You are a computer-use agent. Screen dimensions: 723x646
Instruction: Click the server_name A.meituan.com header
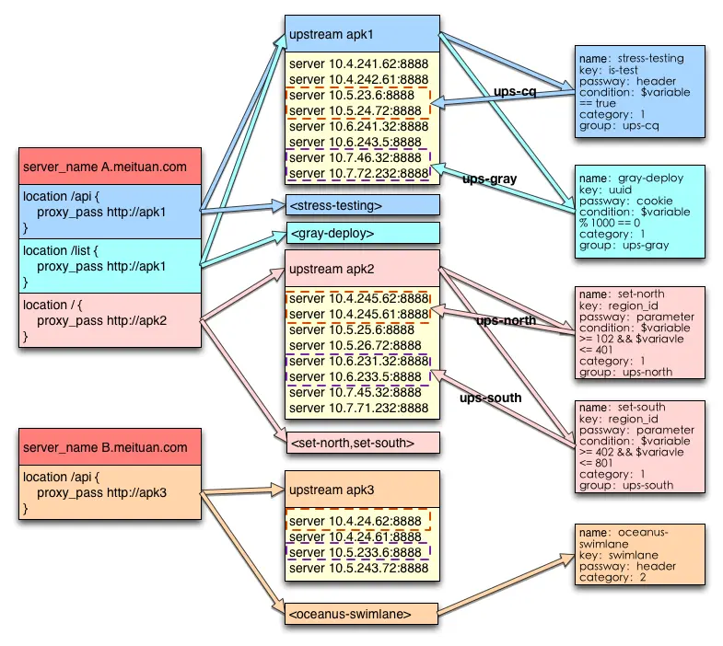(110, 167)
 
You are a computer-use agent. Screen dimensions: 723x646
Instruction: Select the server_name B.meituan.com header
(110, 447)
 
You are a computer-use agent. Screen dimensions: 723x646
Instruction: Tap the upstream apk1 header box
(362, 34)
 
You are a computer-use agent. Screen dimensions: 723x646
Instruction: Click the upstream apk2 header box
(362, 268)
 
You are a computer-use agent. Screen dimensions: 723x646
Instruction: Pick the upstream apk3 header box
(362, 490)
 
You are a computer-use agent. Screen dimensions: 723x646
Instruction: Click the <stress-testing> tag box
(363, 205)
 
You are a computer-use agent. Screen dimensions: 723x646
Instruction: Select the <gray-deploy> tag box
(363, 233)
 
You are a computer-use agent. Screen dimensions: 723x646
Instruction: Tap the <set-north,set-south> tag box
(363, 443)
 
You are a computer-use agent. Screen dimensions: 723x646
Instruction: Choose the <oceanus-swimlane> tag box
(361, 614)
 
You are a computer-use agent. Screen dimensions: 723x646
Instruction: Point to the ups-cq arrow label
(515, 91)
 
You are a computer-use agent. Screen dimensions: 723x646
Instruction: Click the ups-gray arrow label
(489, 179)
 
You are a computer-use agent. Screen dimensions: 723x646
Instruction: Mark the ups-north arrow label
(506, 320)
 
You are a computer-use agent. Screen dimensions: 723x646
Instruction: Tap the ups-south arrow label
(490, 398)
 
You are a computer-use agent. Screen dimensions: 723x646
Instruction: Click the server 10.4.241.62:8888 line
(358, 63)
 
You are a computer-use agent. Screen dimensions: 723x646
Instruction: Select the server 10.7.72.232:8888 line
(358, 173)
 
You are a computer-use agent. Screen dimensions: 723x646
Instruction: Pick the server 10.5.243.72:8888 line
(358, 568)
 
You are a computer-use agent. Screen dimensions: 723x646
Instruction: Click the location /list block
(110, 266)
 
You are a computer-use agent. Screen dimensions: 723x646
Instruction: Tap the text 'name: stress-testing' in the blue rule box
(632, 59)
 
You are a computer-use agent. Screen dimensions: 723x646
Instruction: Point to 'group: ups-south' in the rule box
(626, 485)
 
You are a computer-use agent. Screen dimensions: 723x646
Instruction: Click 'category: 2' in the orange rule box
(612, 577)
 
